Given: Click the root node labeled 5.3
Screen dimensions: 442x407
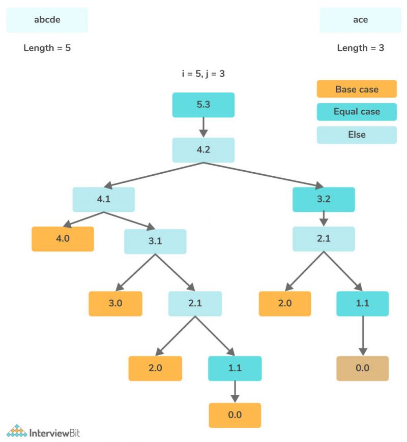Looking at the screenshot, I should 203,105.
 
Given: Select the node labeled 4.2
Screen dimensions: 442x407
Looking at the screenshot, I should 203,150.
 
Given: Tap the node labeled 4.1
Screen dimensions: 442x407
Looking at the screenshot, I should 103,199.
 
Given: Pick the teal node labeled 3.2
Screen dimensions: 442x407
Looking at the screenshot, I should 324,199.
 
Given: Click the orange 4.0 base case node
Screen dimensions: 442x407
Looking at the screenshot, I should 63,239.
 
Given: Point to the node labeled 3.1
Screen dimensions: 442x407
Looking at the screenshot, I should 155,241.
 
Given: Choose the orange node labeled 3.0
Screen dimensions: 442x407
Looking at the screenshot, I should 115,304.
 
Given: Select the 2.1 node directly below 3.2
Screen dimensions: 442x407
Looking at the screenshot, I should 324,239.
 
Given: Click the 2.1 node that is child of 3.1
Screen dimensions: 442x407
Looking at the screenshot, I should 195,304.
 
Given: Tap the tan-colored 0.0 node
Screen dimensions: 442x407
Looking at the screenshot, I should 362,368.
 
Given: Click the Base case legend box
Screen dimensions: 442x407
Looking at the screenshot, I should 357,89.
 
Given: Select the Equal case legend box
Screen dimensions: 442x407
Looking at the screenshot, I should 357,112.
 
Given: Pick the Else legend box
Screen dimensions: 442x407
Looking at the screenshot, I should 357,135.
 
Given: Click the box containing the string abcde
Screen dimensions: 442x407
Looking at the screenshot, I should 47,20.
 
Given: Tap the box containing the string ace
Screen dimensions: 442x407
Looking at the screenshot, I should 360,20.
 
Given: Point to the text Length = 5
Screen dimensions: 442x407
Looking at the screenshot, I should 47,48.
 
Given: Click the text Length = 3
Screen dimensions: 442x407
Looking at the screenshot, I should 360,48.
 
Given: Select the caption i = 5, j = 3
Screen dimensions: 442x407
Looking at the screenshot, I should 203,73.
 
